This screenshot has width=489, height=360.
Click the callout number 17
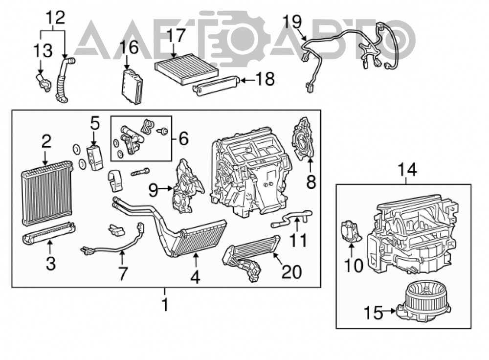pos(176,36)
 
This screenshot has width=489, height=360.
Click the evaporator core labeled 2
pos(47,193)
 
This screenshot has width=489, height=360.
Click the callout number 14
pos(407,170)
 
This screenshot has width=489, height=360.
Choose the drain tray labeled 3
pos(49,233)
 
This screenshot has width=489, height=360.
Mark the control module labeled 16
pos(132,86)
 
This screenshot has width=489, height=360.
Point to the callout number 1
pos(165,304)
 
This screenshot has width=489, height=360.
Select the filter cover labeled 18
pos(217,85)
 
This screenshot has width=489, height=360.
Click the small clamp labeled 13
pos(42,82)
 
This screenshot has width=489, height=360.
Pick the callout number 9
pos(153,190)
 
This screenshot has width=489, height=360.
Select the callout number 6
pos(184,138)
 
